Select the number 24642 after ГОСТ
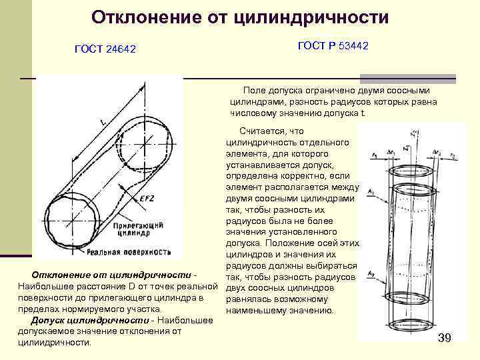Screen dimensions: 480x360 (121, 51)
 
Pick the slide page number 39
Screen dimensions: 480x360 (445, 338)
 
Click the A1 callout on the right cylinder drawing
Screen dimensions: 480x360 (371, 191)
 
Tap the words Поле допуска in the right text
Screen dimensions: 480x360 (271, 90)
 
